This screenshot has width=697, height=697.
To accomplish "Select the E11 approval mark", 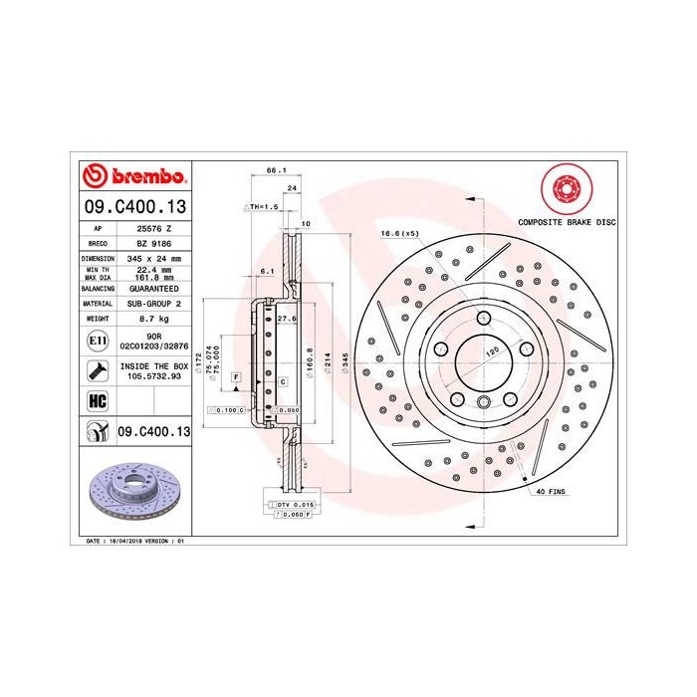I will point(97,341).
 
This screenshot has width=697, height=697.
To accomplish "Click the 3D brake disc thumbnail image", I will point(133,493).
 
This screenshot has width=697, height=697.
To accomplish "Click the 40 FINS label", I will point(552,492).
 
